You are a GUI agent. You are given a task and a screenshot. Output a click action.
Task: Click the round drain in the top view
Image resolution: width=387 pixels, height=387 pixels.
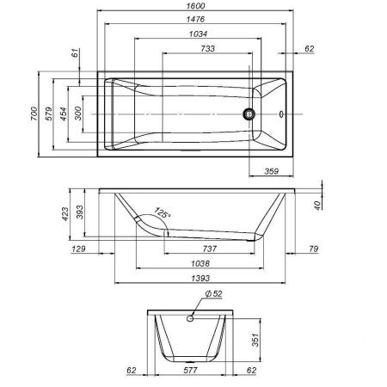[x=250, y=113]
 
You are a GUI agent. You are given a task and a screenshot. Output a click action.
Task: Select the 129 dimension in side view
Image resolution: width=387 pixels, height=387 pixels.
[x=78, y=249]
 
